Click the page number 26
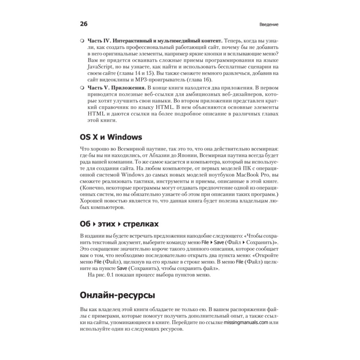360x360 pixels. pos(83,24)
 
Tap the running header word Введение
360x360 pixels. pos(269,25)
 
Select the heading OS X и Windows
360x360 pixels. pos(111,137)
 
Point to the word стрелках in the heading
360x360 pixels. pos(141,224)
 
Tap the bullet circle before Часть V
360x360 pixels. pos(82,87)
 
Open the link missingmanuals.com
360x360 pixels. pos(246,323)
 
